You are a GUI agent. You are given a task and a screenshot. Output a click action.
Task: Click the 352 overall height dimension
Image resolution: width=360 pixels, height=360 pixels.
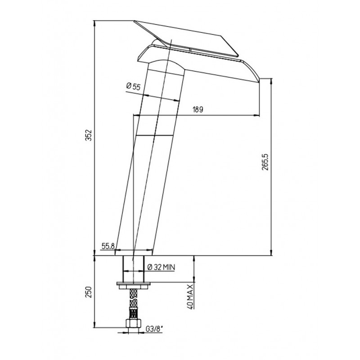pos(89,135)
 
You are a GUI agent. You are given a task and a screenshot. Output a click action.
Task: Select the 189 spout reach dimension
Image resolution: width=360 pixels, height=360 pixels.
pos(198,109)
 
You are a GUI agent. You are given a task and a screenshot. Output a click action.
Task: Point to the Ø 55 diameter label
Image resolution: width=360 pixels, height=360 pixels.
pos(133,87)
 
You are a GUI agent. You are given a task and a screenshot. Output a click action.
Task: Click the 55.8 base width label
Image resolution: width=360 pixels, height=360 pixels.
pos(108,246)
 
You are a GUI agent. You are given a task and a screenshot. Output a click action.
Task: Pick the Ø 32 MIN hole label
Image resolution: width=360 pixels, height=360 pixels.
pos(161,267)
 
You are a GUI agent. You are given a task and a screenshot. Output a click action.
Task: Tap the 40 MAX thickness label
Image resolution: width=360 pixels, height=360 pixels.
pos(190,296)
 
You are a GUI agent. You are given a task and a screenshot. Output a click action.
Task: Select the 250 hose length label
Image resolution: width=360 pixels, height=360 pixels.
pos(89,292)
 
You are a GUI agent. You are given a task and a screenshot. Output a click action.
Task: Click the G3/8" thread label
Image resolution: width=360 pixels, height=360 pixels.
pos(154,329)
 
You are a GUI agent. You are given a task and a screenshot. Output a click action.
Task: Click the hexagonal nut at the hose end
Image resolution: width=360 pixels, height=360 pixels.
pos(133,323)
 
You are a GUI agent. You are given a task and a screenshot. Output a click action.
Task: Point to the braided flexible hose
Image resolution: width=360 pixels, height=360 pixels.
pos(133,303)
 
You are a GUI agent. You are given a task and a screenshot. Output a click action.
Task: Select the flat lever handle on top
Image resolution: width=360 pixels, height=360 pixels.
pos(186,38)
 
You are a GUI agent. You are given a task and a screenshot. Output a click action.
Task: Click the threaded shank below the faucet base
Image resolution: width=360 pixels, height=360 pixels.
pos(134,269)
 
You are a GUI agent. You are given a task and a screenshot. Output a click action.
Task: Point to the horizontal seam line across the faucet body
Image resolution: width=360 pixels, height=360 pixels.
pos(154,135)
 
